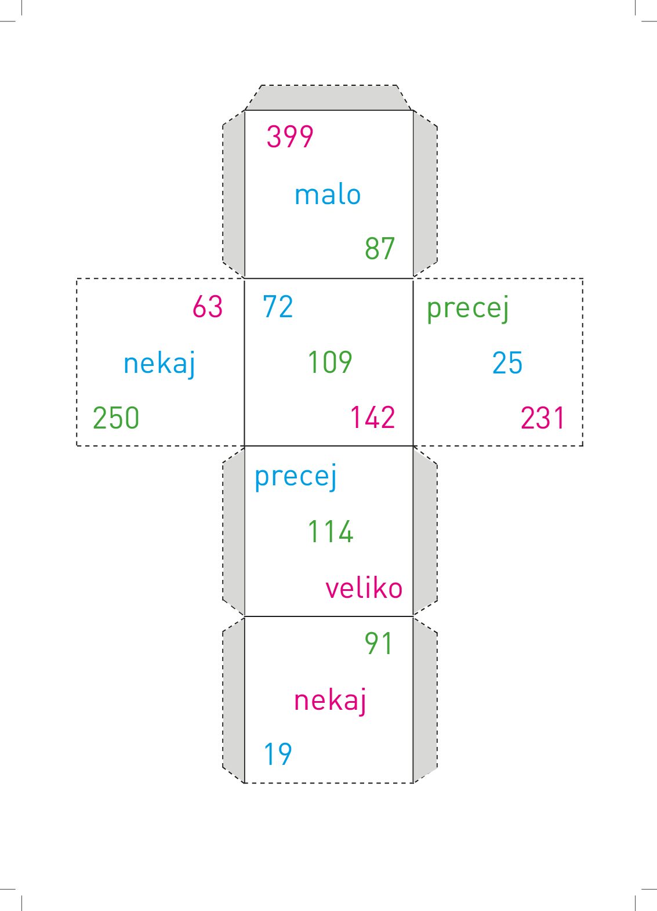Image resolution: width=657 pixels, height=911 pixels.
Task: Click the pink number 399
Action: tap(290, 137)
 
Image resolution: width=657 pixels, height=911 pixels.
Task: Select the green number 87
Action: tap(380, 248)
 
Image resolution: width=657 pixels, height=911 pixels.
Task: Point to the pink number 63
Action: tap(208, 306)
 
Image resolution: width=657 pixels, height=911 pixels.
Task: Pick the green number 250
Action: tap(116, 418)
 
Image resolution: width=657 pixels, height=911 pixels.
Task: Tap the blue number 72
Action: tap(278, 306)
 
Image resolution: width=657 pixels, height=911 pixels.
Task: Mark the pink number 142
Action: tap(373, 418)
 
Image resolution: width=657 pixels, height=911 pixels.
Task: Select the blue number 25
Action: tap(507, 363)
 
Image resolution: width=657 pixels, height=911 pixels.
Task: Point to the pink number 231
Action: tap(543, 418)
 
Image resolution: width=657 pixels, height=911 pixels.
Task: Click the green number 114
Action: tap(331, 532)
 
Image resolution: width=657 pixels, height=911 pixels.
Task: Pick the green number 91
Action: tap(378, 644)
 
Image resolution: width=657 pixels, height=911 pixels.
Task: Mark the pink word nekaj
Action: tap(330, 700)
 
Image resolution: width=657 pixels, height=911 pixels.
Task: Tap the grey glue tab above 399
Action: tap(328, 97)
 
